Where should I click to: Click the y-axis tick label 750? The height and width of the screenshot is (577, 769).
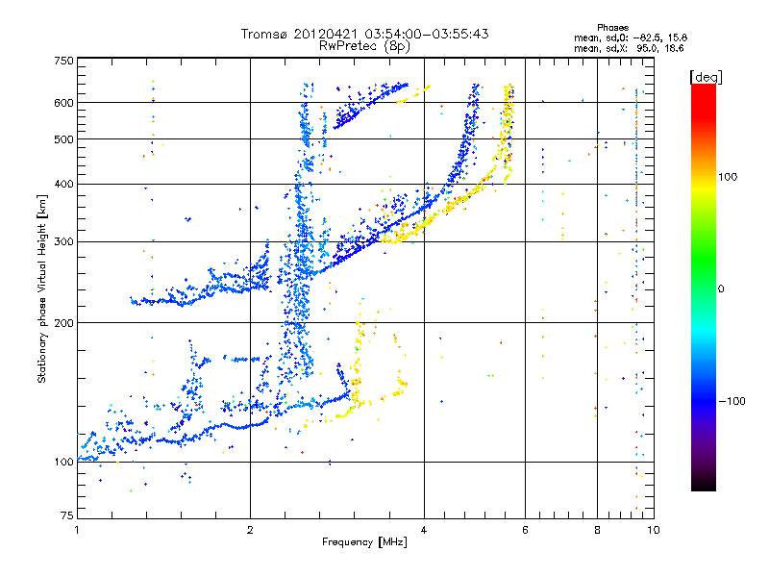[63, 61]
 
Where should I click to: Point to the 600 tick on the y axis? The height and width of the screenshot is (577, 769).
[63, 102]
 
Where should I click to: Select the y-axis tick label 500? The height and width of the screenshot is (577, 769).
[63, 139]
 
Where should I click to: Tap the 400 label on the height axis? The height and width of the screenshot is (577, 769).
[63, 184]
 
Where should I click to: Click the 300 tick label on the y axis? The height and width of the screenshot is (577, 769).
[63, 241]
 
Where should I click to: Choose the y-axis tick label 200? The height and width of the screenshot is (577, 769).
[63, 322]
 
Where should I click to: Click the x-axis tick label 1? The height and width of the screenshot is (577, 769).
[77, 530]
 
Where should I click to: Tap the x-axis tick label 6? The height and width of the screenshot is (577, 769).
[525, 530]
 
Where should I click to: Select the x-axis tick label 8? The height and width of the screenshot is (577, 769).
[597, 530]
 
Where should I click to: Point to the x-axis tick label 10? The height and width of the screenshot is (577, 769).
[653, 530]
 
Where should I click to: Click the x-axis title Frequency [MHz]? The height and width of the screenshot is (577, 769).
[365, 543]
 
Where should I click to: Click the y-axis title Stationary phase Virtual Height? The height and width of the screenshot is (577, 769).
[42, 289]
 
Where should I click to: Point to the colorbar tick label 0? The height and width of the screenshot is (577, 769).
[721, 288]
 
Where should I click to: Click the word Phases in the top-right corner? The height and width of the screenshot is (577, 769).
[612, 27]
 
